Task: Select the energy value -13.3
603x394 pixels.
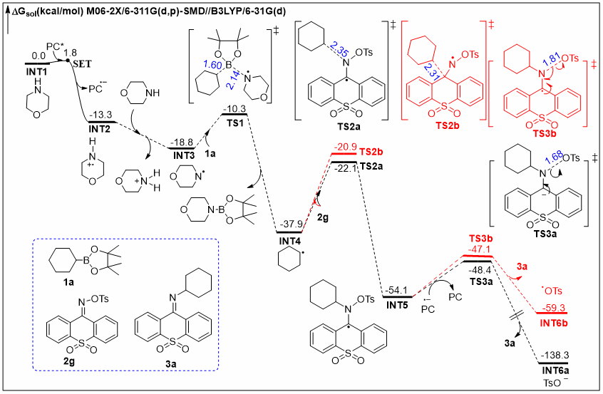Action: [101, 113]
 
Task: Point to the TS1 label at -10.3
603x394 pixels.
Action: [234, 121]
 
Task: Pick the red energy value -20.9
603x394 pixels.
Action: [345, 147]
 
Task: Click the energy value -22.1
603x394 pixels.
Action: [344, 166]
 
